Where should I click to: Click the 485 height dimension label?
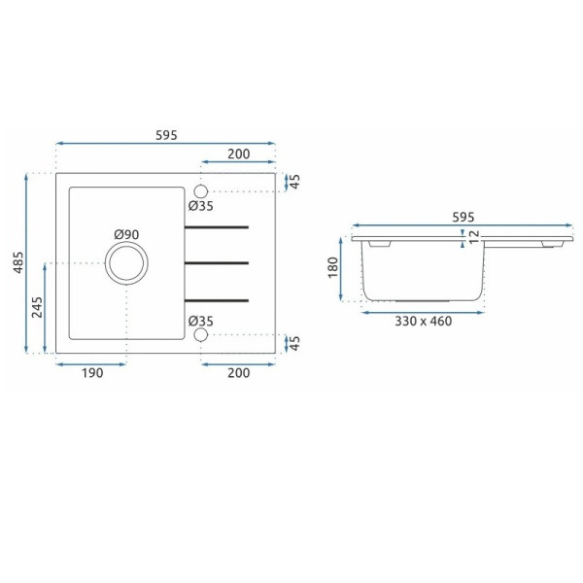[18, 262]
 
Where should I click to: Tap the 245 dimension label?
[37, 307]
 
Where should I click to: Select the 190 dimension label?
[92, 372]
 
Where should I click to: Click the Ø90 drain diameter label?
[126, 234]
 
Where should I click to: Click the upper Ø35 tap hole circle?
[201, 191]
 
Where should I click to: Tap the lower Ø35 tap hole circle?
[201, 334]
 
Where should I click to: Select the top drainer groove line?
[217, 226]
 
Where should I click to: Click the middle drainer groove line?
[217, 263]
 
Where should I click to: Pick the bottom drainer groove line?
[217, 300]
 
